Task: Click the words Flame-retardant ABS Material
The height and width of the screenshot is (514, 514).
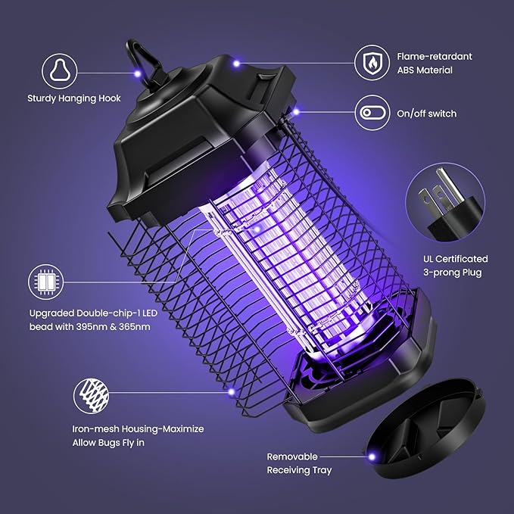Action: pos(435,62)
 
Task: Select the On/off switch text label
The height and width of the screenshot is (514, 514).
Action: pos(427,114)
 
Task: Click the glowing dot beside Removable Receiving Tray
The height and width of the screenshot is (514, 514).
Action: pos(372,456)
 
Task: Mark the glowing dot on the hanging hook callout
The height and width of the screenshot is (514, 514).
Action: pos(137,73)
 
